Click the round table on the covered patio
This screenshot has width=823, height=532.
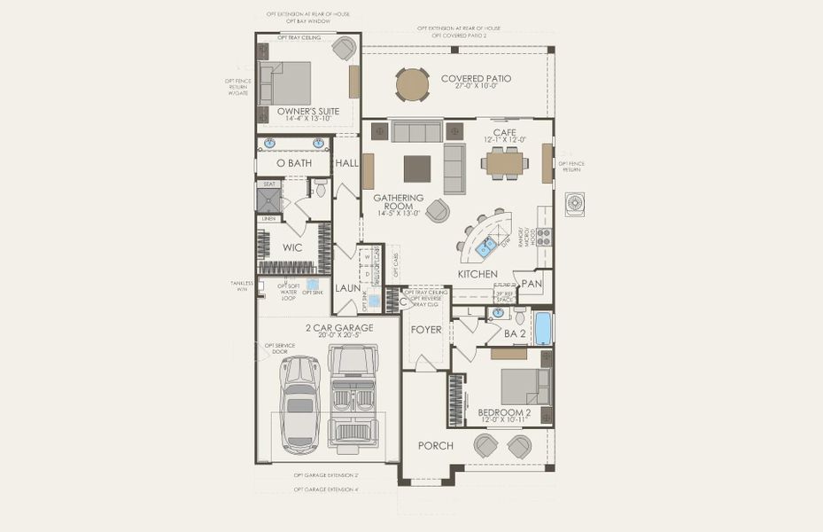pos(412,85)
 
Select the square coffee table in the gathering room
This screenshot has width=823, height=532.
pos(417,168)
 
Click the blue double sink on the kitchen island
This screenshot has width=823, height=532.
pos(486,249)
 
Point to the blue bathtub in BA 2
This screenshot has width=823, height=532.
pos(542,328)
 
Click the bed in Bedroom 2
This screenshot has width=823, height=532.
pos(524,386)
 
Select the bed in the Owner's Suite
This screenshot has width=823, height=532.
pos(285,83)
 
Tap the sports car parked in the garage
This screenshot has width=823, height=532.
pos(301,404)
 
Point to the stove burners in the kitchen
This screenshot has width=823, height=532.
pos(543,237)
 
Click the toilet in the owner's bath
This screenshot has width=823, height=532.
pos(321,189)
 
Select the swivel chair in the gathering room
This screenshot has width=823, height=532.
pos(437,210)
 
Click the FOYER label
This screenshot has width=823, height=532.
pos(426,330)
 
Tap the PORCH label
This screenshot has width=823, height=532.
pos(435,445)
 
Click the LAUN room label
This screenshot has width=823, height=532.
pos(346,288)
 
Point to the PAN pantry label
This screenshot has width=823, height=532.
pos(532,284)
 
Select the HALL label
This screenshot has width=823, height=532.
pos(346,163)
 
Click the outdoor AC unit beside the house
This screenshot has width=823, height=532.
pos(575,204)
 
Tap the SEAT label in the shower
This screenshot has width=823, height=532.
pos(268,184)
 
